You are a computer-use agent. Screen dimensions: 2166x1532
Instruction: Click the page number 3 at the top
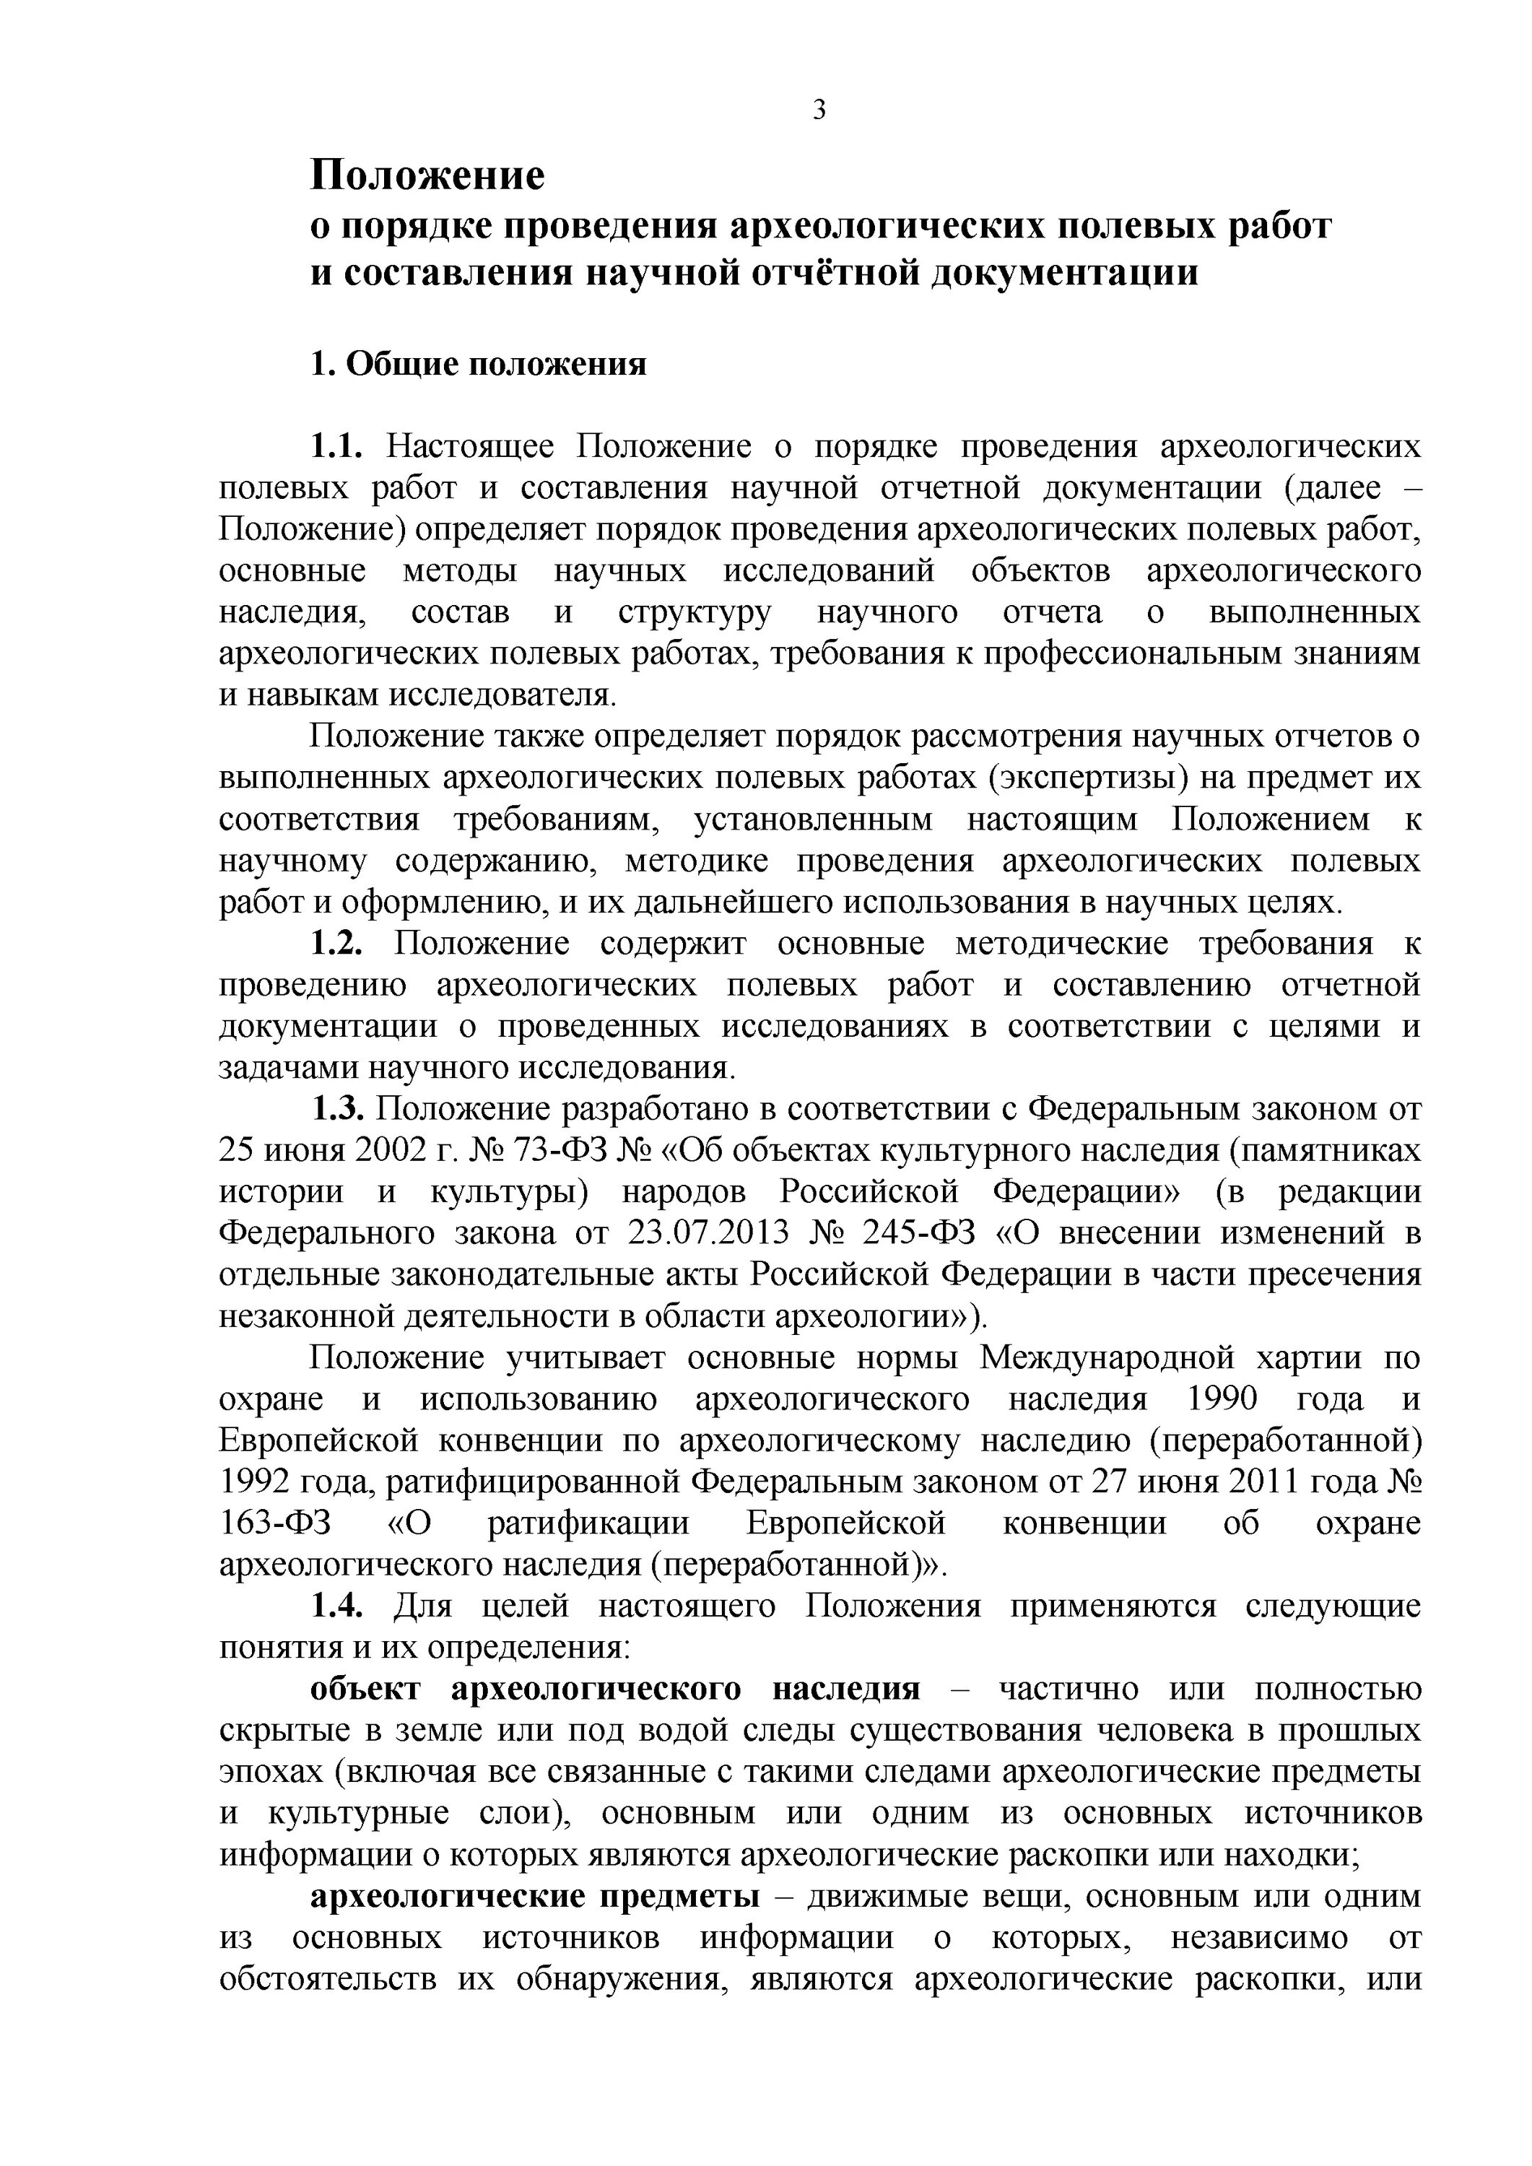click(x=819, y=111)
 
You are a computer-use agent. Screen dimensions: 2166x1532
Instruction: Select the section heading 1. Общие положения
click(x=479, y=364)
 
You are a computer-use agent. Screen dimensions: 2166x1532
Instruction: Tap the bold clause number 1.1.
click(x=336, y=446)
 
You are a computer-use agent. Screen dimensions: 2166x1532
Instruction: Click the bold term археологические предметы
click(x=535, y=1895)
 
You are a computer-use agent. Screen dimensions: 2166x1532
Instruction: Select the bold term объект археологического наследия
click(x=615, y=1689)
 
